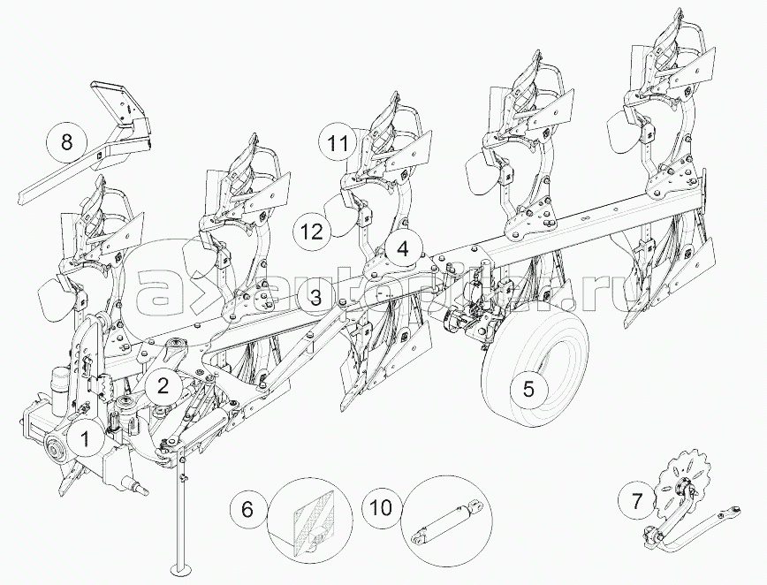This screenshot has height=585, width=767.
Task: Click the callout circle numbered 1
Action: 86,436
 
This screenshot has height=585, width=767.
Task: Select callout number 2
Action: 163,385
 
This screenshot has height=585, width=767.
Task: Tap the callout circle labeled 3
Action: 315,298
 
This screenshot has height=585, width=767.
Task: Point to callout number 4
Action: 403,249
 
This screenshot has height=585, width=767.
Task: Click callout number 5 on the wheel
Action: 528,389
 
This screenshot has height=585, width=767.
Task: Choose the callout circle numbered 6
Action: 247,510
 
